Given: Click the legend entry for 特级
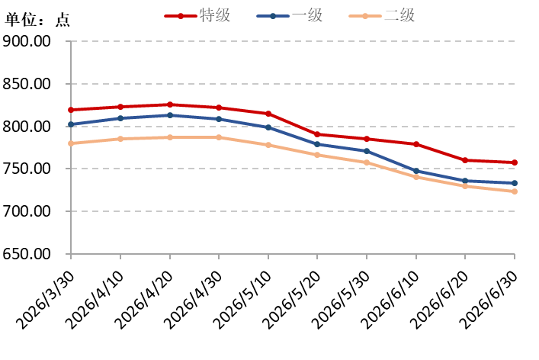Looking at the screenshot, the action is [197, 15].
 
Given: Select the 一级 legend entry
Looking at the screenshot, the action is [290, 15].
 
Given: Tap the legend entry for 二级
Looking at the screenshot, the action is [382, 15].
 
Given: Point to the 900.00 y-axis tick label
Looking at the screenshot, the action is [27, 41].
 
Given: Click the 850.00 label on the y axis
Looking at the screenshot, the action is [27, 84].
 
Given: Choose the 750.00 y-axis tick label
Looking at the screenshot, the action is [27, 169].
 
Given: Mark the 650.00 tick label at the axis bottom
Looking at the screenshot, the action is [27, 254].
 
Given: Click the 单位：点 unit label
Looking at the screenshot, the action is [37, 20].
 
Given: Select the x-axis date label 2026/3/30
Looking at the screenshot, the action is [46, 300].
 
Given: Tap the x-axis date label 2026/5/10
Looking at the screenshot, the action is [242, 300].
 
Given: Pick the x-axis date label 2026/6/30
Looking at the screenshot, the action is [489, 300].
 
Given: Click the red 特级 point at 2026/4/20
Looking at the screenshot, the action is [170, 104].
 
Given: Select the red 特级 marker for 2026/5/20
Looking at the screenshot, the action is [317, 134].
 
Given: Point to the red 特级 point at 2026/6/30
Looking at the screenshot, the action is [515, 162].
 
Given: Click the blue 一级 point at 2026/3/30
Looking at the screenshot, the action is [71, 124].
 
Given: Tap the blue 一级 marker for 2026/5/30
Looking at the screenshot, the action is [367, 151].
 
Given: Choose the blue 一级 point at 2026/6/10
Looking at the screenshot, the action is [416, 171].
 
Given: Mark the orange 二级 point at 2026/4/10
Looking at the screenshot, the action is [120, 139].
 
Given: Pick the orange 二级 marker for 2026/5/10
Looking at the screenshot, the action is [268, 145].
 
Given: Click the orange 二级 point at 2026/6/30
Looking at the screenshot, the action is [515, 191].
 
